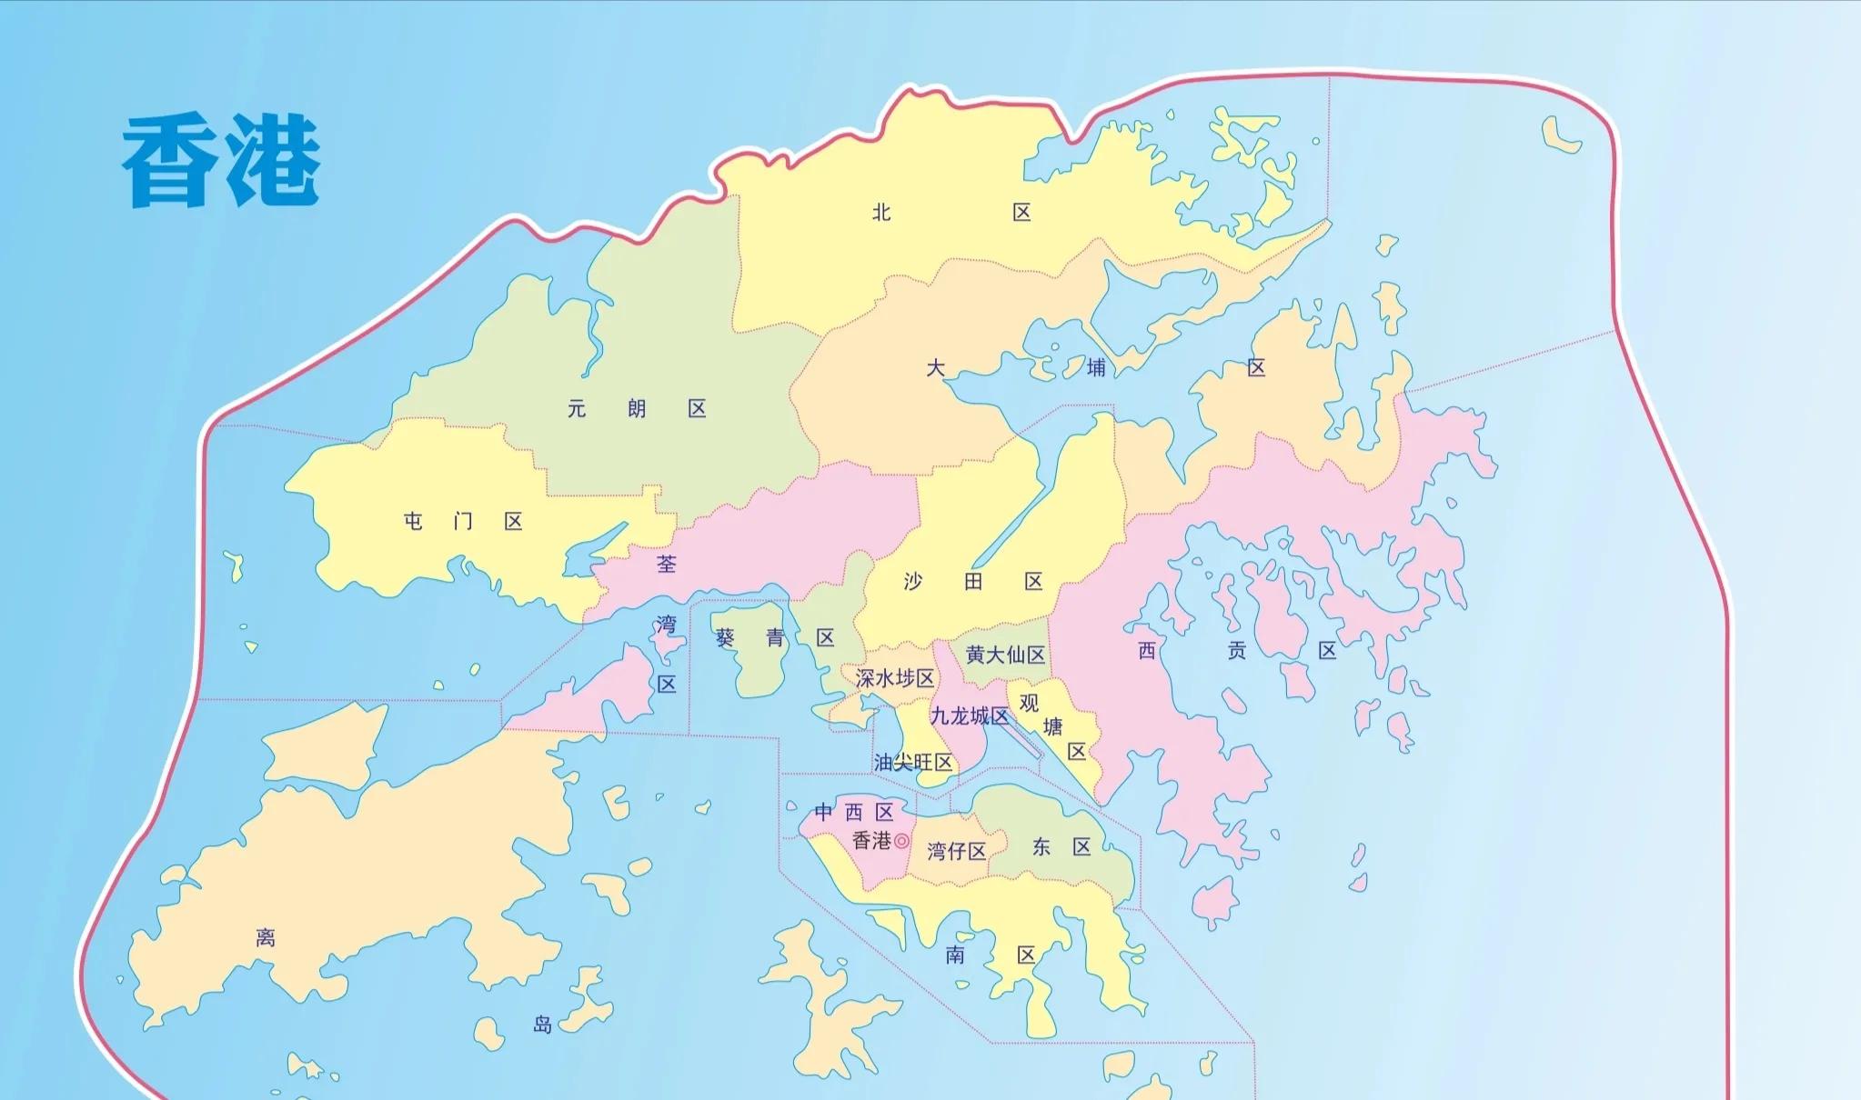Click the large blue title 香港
(x=221, y=163)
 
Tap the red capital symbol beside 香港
(x=901, y=841)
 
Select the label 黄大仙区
(x=1005, y=655)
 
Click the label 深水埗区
(x=895, y=678)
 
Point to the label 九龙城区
(x=969, y=716)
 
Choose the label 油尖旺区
(x=913, y=763)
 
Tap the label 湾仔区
(x=957, y=852)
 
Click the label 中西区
(x=854, y=812)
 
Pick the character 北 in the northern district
(x=881, y=213)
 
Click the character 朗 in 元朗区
(x=637, y=409)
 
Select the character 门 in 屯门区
(x=463, y=522)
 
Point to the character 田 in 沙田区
(x=973, y=582)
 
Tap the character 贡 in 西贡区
(x=1237, y=651)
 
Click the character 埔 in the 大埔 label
(x=1097, y=368)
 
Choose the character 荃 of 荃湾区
(x=667, y=565)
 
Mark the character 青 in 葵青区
(x=775, y=638)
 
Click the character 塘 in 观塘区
(x=1053, y=727)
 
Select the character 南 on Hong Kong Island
(x=955, y=955)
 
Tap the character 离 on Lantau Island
(x=266, y=937)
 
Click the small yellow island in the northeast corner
(x=1561, y=135)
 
